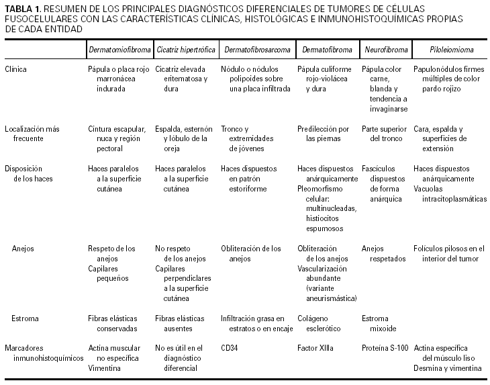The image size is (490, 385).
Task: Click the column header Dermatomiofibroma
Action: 117,50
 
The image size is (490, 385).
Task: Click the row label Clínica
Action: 16,69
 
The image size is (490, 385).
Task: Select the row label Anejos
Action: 23,248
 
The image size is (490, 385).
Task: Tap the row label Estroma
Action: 25,318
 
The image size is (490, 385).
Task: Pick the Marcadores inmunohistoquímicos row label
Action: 44,353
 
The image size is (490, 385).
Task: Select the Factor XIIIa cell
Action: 315,348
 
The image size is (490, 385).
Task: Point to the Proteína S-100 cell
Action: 385,348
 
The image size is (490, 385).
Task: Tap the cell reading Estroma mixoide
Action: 379,323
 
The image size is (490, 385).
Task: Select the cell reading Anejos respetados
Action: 383,253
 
